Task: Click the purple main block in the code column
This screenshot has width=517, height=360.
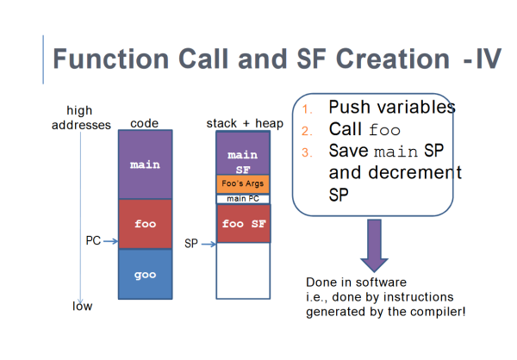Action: pos(145,164)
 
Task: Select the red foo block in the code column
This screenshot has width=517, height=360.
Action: pos(145,223)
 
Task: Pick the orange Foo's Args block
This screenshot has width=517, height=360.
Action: pos(242,183)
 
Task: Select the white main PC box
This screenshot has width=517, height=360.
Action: pos(242,199)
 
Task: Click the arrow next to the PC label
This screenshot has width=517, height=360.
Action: pos(109,243)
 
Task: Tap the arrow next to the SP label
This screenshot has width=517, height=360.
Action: pos(207,244)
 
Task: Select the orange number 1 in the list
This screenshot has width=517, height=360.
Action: pos(306,109)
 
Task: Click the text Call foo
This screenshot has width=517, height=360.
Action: pos(364,130)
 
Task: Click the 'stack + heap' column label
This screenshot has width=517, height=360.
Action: pos(240,123)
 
